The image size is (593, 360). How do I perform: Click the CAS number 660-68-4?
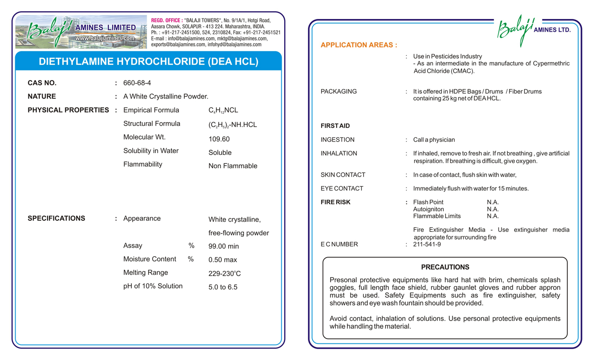point(137,83)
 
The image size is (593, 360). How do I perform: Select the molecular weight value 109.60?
point(219,139)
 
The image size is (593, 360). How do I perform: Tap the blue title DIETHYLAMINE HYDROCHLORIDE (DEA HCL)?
point(148,62)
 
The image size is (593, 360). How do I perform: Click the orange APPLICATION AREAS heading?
point(359,45)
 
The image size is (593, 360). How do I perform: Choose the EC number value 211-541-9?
point(427,244)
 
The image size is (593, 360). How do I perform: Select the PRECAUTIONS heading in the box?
point(445,267)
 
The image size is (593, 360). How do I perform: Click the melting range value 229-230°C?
point(225,274)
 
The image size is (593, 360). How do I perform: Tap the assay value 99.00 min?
point(224,246)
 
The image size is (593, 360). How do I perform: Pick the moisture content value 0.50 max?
point(223,260)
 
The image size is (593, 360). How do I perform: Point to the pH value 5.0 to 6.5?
point(223,287)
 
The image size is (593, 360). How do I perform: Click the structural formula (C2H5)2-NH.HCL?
point(233,125)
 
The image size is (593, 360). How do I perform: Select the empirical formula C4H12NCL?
point(223,110)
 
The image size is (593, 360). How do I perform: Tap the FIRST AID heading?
point(335,126)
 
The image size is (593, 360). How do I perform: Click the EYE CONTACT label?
point(341,189)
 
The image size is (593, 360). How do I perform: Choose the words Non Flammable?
point(233,166)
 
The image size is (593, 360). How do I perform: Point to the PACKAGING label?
point(338,91)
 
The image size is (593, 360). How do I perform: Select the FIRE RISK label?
point(335,202)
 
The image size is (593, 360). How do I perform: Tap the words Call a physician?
point(434,140)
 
